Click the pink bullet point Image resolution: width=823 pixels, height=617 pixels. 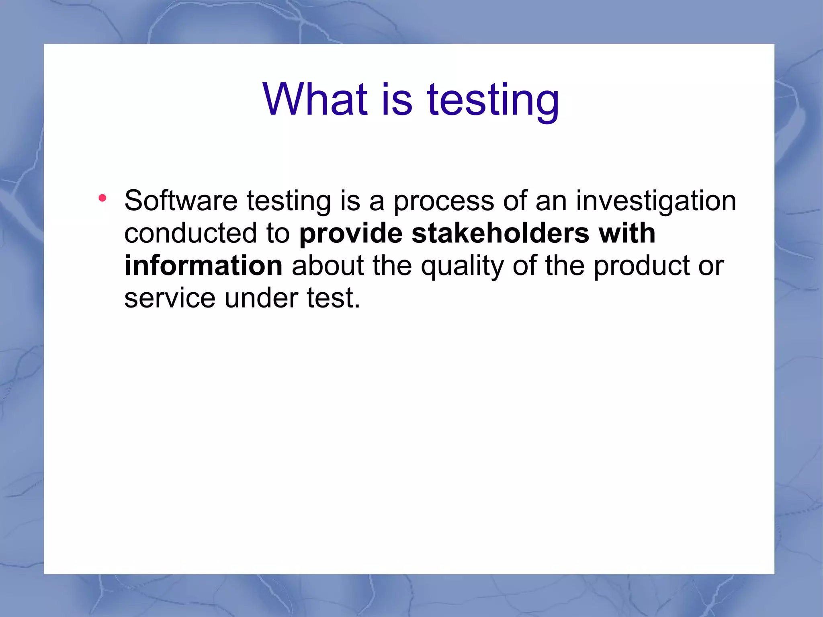pyautogui.click(x=102, y=198)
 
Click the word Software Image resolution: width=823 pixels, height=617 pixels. pyautogui.click(x=181, y=201)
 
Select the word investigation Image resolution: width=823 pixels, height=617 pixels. pyautogui.click(x=656, y=201)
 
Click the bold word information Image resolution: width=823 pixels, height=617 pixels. pyautogui.click(x=203, y=266)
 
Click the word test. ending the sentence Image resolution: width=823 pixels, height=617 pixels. pyautogui.click(x=333, y=298)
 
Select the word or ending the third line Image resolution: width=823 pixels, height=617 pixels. pyautogui.click(x=711, y=266)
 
